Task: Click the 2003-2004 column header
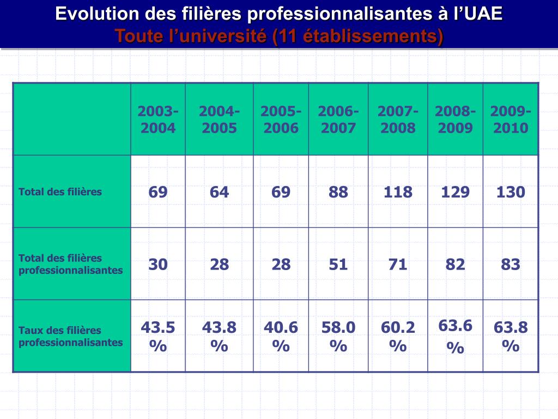[158, 119]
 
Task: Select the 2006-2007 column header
[338, 119]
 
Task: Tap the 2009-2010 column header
[511, 119]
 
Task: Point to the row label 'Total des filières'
[60, 191]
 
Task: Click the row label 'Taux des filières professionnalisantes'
[71, 336]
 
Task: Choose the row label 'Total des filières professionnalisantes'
[71, 264]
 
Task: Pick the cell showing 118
[398, 192]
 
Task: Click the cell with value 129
[455, 192]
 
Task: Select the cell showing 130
[511, 192]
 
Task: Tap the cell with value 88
[338, 192]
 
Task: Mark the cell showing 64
[219, 192]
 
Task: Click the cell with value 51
[338, 265]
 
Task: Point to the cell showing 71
[398, 265]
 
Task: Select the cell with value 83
[511, 265]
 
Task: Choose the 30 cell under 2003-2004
[158, 265]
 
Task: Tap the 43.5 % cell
[158, 336]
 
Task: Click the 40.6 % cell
[281, 336]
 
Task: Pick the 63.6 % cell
[455, 336]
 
